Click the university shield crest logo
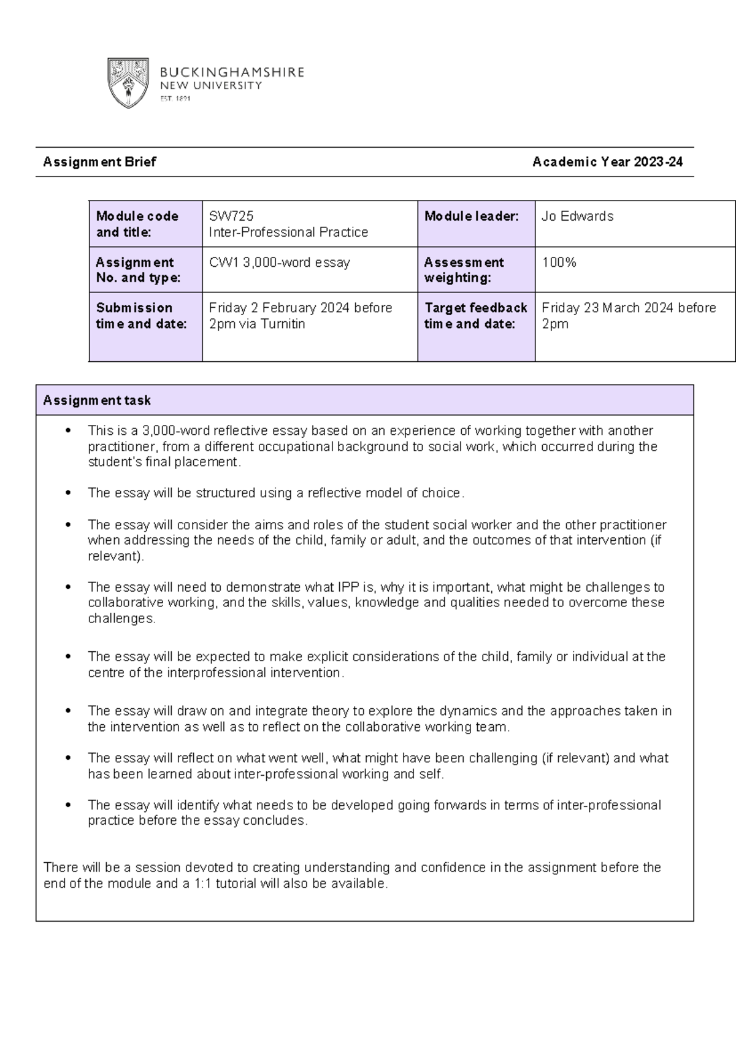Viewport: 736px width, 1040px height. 128,83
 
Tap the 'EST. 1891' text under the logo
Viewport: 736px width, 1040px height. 175,99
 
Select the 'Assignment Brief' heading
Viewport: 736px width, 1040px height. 99,162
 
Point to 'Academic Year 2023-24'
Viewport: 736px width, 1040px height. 607,162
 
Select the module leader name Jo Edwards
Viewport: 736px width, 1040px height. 577,216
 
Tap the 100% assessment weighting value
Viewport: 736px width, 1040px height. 559,262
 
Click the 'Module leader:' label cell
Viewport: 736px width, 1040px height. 471,216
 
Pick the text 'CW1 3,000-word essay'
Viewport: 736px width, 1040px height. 279,262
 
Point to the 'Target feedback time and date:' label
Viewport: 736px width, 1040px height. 475,316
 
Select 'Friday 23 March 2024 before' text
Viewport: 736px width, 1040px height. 629,308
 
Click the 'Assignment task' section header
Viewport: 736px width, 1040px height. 97,400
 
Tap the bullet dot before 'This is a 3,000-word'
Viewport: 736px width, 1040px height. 69,430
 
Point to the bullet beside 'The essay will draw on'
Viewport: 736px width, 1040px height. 69,711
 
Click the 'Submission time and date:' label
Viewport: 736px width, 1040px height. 141,316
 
